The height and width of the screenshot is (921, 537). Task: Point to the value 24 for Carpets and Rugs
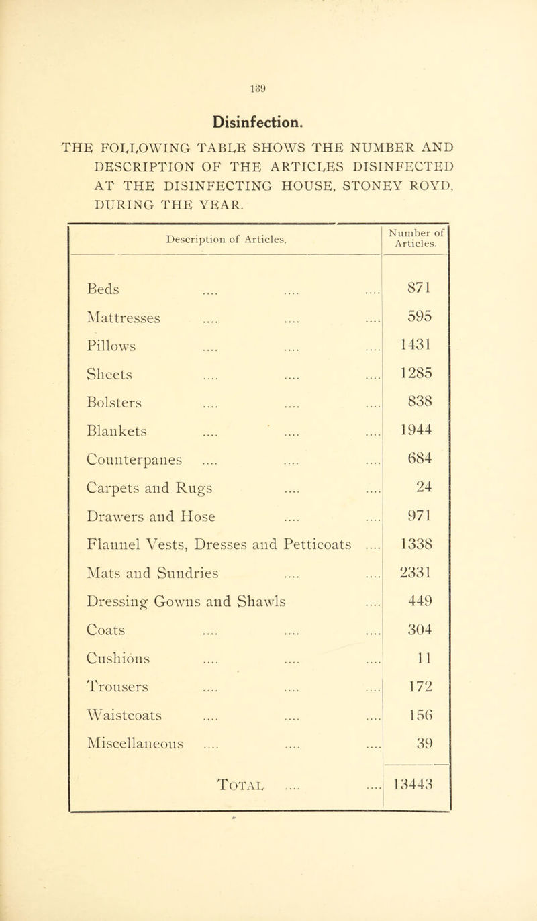tap(414, 473)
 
